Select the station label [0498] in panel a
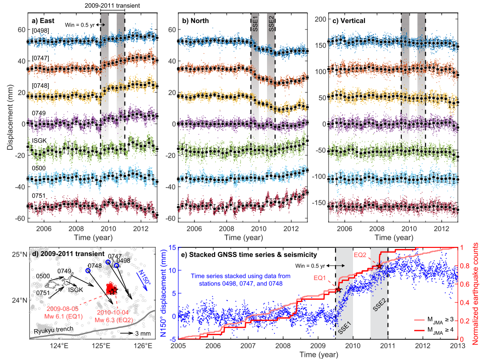[x=41, y=31]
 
